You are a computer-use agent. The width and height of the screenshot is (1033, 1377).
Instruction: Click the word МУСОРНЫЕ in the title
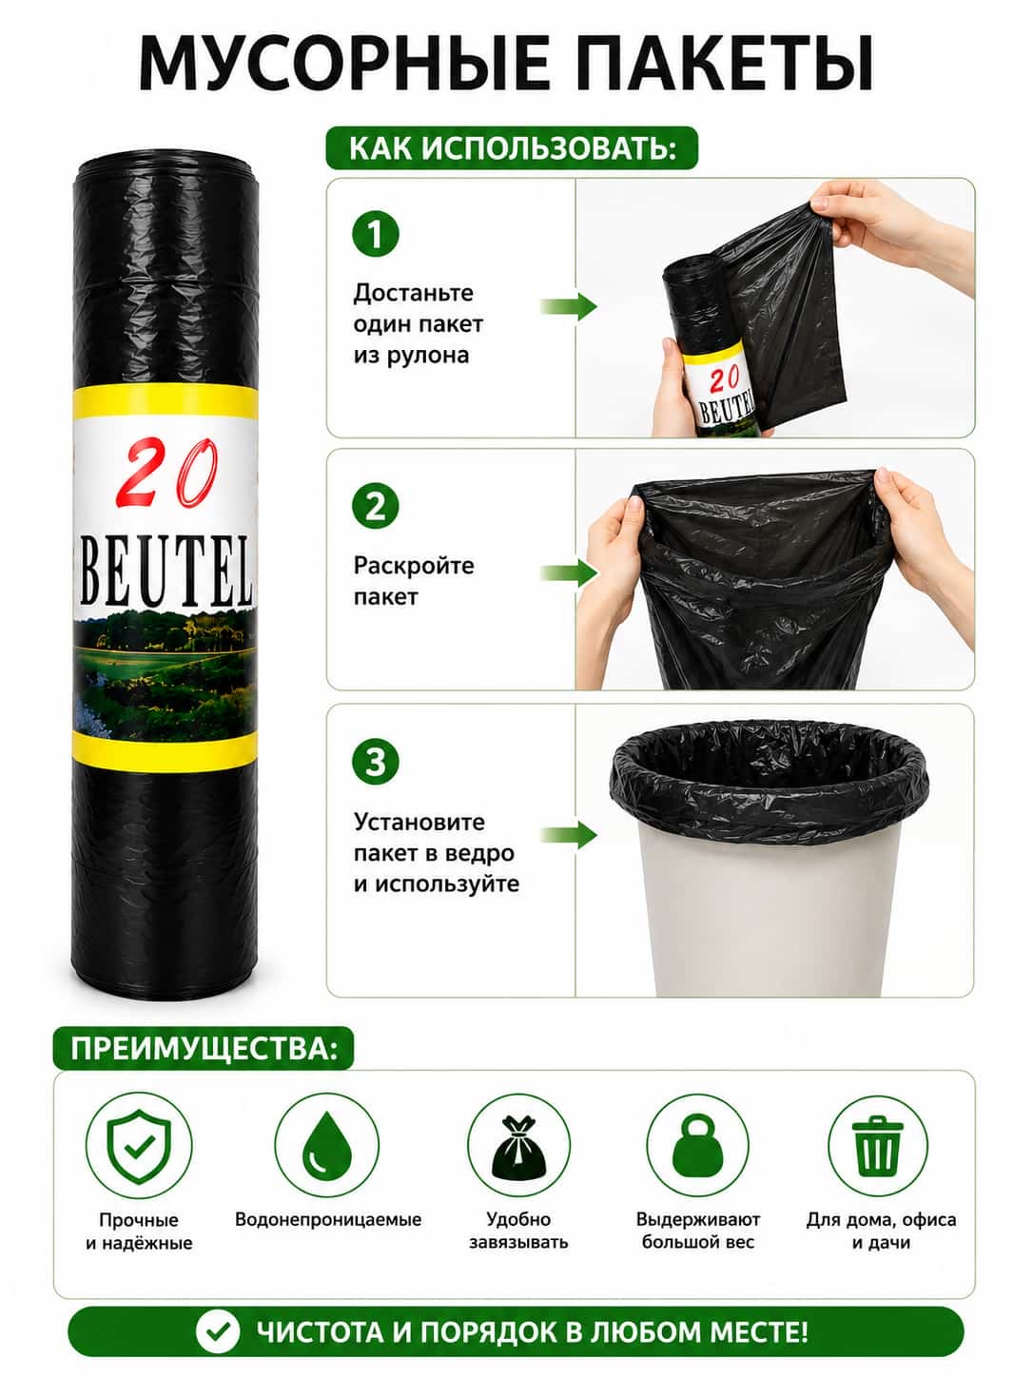click(x=342, y=64)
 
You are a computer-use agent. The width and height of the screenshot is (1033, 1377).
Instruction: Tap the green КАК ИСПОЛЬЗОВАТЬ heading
click(x=512, y=148)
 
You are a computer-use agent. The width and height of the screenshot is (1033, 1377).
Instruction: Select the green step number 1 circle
click(x=375, y=234)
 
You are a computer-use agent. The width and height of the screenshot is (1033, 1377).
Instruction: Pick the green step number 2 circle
click(x=375, y=506)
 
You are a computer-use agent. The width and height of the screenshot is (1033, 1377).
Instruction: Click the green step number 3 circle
click(x=375, y=762)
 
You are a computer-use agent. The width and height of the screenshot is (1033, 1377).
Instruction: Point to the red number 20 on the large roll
click(x=168, y=473)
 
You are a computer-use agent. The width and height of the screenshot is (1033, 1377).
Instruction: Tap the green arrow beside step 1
click(x=569, y=307)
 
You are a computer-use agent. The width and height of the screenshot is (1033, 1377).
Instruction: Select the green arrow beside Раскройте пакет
click(x=569, y=572)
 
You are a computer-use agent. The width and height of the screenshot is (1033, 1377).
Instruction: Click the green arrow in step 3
click(x=569, y=835)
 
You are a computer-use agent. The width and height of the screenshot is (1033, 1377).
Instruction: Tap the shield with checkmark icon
click(x=139, y=1146)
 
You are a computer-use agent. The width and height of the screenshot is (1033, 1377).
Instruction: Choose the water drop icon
click(x=327, y=1144)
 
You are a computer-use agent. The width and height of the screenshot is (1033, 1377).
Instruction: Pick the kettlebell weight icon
click(x=697, y=1146)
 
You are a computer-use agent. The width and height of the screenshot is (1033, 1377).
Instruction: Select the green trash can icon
click(x=877, y=1146)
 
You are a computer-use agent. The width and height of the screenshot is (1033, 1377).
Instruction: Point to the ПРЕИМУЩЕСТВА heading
click(x=204, y=1050)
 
